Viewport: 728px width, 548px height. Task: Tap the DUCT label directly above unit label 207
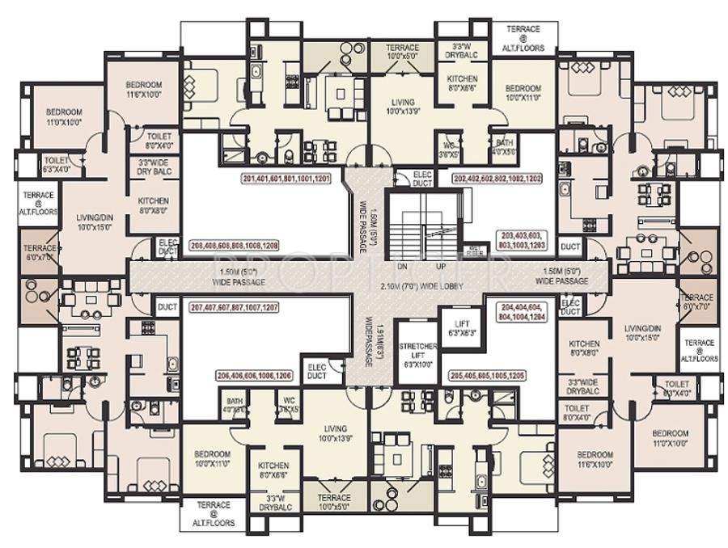point(167,307)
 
